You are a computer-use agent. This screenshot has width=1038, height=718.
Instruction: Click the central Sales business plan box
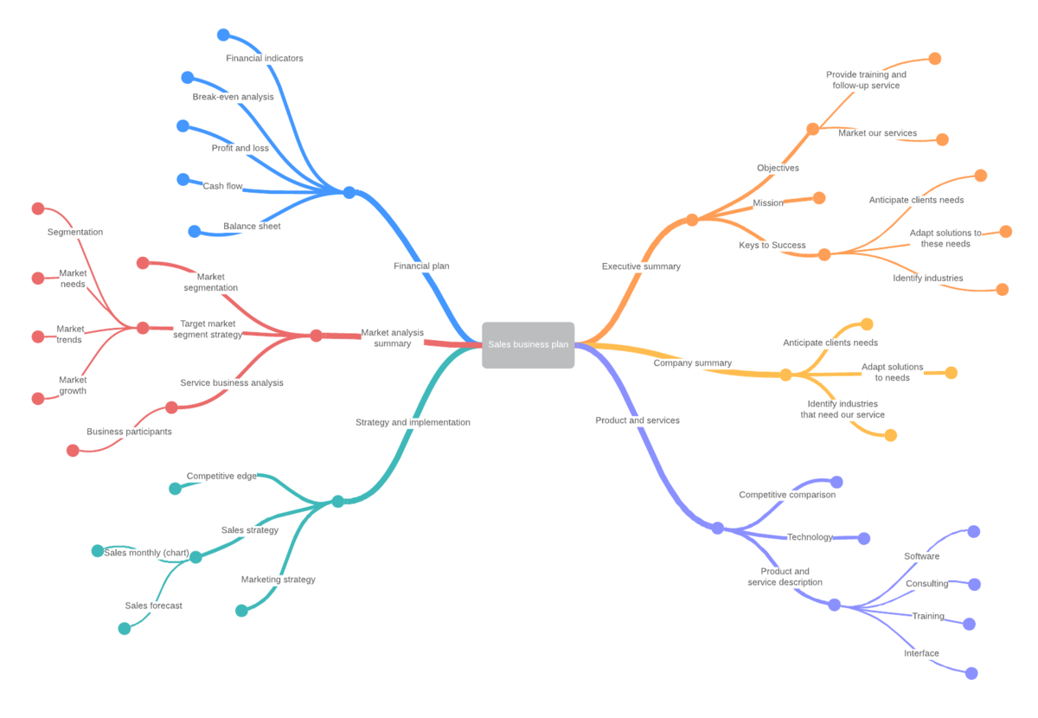pyautogui.click(x=528, y=344)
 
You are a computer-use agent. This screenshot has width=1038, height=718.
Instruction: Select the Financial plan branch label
pyautogui.click(x=421, y=266)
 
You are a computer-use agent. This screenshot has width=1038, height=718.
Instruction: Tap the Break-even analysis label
pyautogui.click(x=233, y=97)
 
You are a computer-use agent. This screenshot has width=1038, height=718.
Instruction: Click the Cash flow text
pyautogui.click(x=222, y=186)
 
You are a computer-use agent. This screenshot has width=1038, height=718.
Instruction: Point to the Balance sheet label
pyautogui.click(x=252, y=227)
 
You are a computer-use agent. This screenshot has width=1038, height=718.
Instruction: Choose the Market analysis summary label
pyautogui.click(x=392, y=337)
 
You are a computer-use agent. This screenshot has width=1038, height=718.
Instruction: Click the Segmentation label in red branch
pyautogui.click(x=75, y=232)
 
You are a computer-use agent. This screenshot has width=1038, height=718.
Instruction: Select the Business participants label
pyautogui.click(x=129, y=432)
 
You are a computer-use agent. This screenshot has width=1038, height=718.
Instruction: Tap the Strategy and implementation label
pyautogui.click(x=413, y=422)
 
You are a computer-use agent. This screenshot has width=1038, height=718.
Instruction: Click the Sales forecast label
pyautogui.click(x=153, y=606)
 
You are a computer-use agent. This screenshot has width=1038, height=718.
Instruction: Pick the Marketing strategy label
pyautogui.click(x=278, y=580)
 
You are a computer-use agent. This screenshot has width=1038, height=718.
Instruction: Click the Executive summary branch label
pyautogui.click(x=641, y=266)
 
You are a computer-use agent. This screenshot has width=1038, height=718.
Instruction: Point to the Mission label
pyautogui.click(x=768, y=203)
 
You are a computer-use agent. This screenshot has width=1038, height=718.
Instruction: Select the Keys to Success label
pyautogui.click(x=772, y=245)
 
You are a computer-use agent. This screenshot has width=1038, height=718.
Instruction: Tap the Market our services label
pyautogui.click(x=877, y=133)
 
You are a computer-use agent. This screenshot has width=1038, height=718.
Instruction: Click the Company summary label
pyautogui.click(x=692, y=363)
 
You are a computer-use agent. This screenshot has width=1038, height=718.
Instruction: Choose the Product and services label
pyautogui.click(x=638, y=420)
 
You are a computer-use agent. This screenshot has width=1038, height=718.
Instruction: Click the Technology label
pyautogui.click(x=810, y=537)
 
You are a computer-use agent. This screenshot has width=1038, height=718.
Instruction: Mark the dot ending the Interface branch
pyautogui.click(x=971, y=673)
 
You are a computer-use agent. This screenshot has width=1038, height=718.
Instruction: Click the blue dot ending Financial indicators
pyautogui.click(x=223, y=35)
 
